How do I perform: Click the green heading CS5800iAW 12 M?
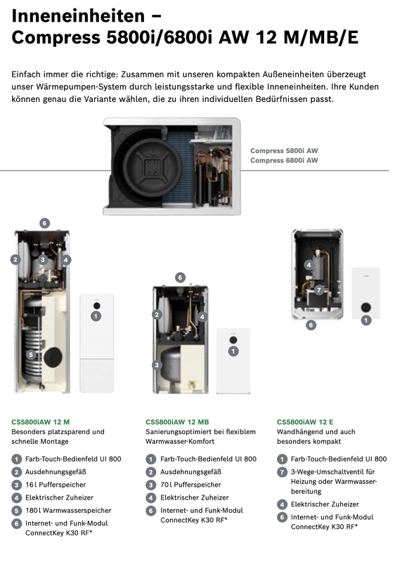41,422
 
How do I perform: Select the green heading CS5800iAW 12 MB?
177,422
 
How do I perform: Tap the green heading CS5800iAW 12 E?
305,422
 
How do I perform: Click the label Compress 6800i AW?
284,160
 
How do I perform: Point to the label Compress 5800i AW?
284,150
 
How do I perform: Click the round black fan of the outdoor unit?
152,166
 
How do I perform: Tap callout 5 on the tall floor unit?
31,355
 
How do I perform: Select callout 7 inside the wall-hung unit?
318,289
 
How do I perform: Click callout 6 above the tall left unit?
44,223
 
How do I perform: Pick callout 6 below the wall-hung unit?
311,325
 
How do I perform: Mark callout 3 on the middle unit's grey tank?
157,365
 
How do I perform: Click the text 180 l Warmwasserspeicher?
68,511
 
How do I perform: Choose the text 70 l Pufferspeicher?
190,485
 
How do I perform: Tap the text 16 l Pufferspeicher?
56,485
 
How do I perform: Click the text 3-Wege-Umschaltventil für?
333,471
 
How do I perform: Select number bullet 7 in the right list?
282,471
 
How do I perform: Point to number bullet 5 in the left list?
16,511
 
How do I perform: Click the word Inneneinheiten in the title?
78,15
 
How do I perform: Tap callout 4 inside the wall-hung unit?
309,265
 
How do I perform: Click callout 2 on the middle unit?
157,315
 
